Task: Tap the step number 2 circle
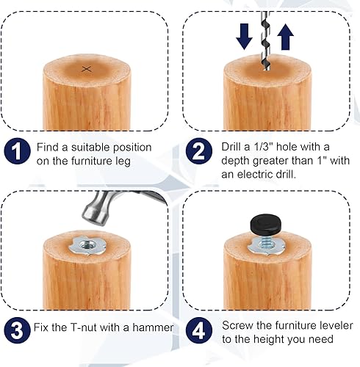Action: pos(198,153)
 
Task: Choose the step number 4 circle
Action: pos(198,330)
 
